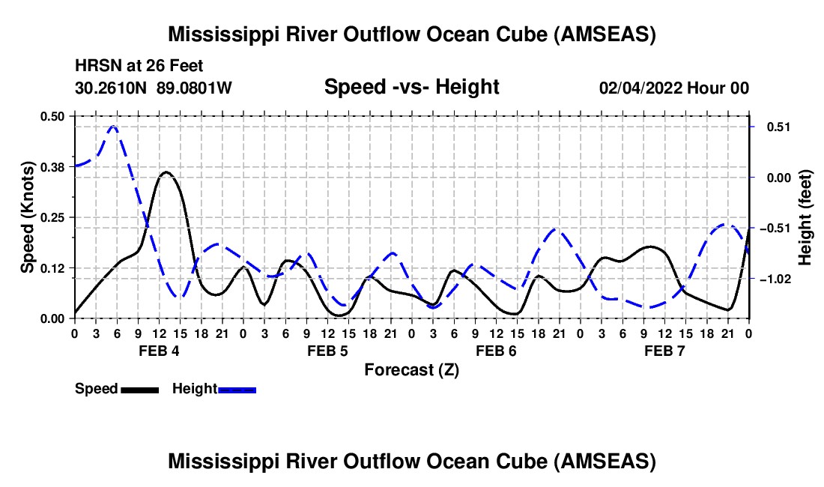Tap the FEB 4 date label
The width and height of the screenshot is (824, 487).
tap(158, 351)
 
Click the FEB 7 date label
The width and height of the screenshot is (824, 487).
tap(664, 351)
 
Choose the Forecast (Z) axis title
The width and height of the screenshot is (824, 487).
tap(411, 369)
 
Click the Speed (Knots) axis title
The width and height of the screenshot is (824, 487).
tap(28, 217)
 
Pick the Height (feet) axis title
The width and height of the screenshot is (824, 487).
tap(805, 217)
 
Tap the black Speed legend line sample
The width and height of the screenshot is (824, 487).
tap(139, 389)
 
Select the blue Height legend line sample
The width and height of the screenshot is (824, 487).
tap(237, 389)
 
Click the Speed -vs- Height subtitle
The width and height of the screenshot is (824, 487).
tap(411, 88)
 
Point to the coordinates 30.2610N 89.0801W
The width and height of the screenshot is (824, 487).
tap(154, 88)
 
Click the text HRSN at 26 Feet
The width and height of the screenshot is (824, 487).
tap(139, 67)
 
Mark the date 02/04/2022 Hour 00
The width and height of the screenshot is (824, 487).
tap(673, 88)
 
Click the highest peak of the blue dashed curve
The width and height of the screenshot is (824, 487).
tap(113, 127)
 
